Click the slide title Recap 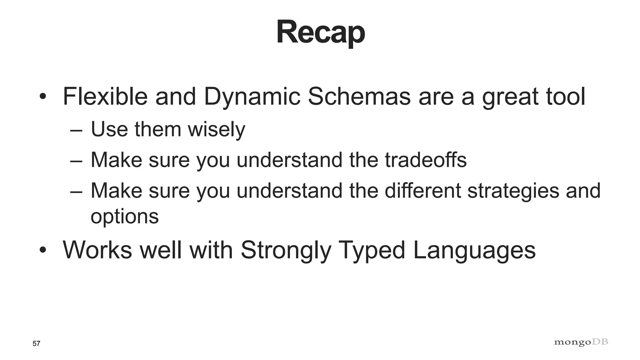(321, 32)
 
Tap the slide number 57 (36, 344)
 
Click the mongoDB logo (581, 342)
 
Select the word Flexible (105, 96)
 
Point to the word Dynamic (252, 97)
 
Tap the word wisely (216, 129)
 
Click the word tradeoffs (426, 160)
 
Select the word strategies (513, 191)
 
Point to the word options (125, 216)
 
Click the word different (422, 190)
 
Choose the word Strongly (286, 250)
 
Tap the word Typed (372, 250)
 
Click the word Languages (474, 250)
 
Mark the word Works (97, 250)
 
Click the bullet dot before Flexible (43, 96)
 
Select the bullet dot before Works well (43, 250)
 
